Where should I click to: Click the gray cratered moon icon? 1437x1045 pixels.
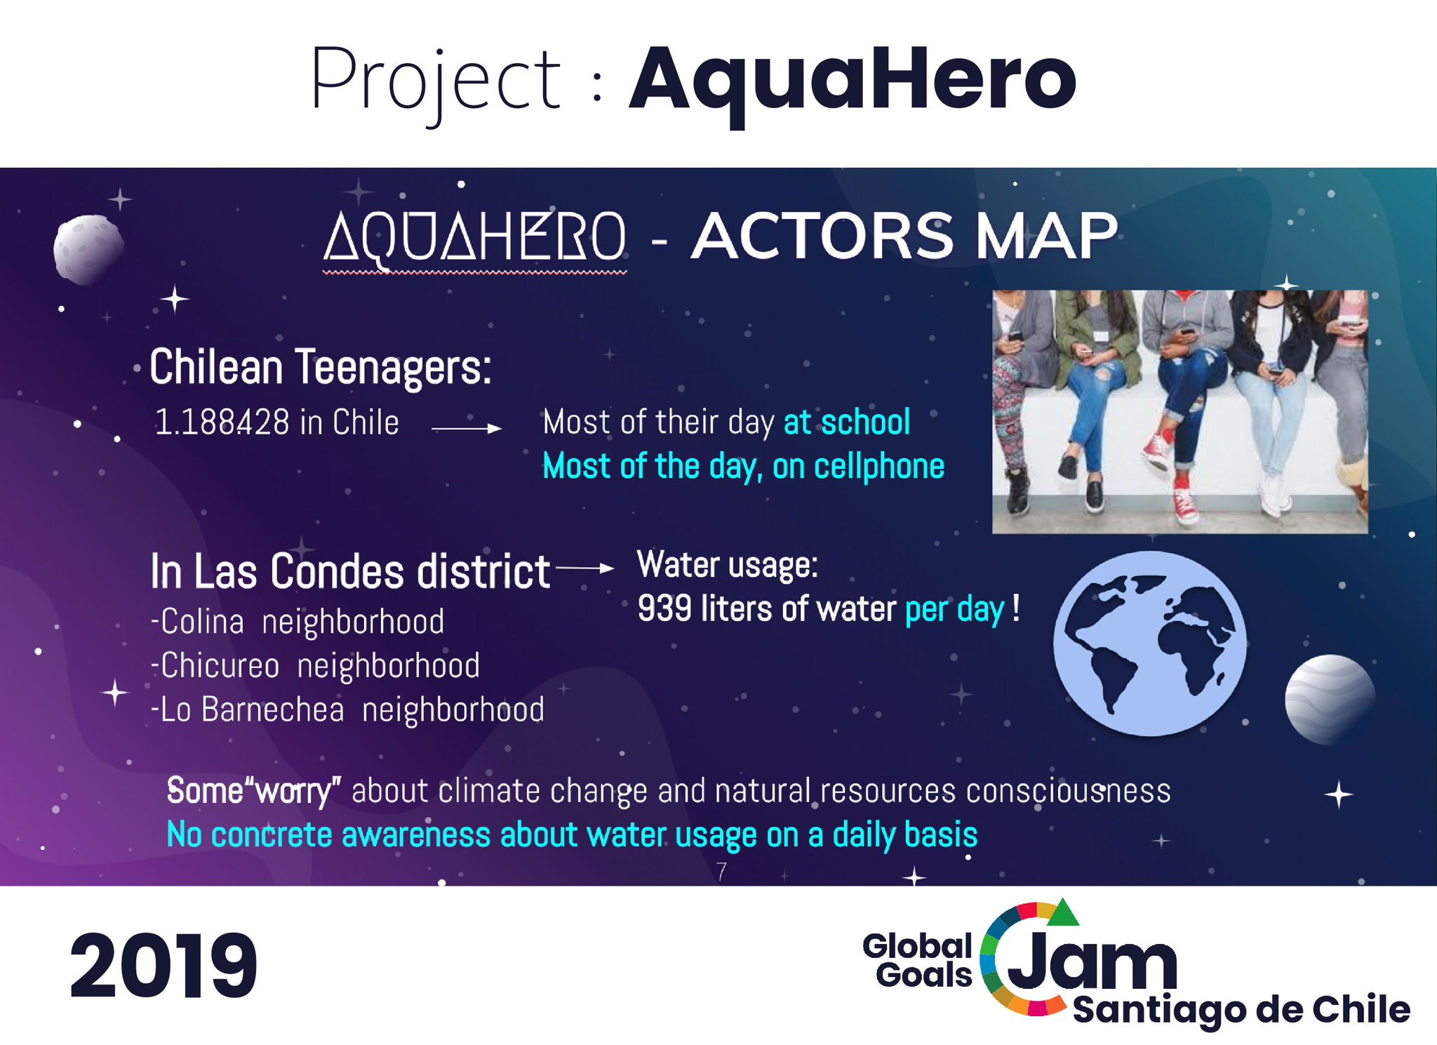coord(88,249)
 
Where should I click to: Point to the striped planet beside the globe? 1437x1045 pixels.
coord(1330,699)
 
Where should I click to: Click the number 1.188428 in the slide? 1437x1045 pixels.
coord(222,422)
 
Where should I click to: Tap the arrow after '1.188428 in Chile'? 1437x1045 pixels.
coord(467,427)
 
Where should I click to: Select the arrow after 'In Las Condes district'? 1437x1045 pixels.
coord(585,568)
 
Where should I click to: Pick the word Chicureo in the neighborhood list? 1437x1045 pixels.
coord(220,665)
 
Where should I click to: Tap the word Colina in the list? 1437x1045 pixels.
coord(202,622)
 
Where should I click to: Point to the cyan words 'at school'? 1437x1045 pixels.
coord(846,422)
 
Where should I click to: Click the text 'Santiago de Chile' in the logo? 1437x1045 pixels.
coord(1241,1011)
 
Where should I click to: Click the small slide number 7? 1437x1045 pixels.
coord(721,871)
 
